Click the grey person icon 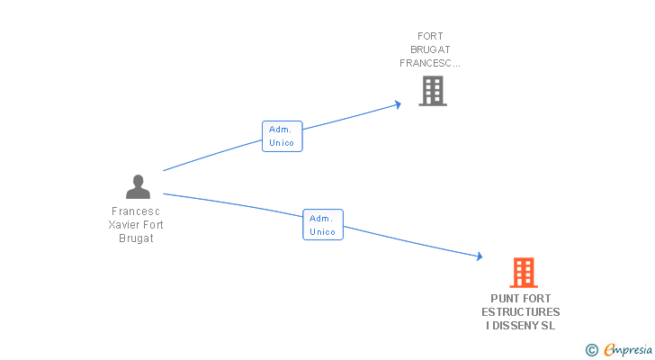click(138, 186)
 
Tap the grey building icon click(433, 91)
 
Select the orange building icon click(524, 273)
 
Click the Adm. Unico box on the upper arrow click(282, 136)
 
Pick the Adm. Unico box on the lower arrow click(323, 225)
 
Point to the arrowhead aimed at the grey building click(398, 104)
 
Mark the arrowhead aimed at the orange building click(480, 256)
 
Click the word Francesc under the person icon click(136, 211)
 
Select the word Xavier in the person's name click(123, 225)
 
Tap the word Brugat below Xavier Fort click(136, 238)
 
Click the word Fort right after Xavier click(153, 225)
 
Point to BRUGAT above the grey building click(430, 49)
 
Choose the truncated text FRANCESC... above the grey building click(430, 63)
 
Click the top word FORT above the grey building click(430, 36)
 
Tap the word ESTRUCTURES click(520, 312)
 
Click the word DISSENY click(516, 326)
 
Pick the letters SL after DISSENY click(549, 326)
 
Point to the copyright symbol click(591, 350)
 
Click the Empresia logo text click(628, 349)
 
